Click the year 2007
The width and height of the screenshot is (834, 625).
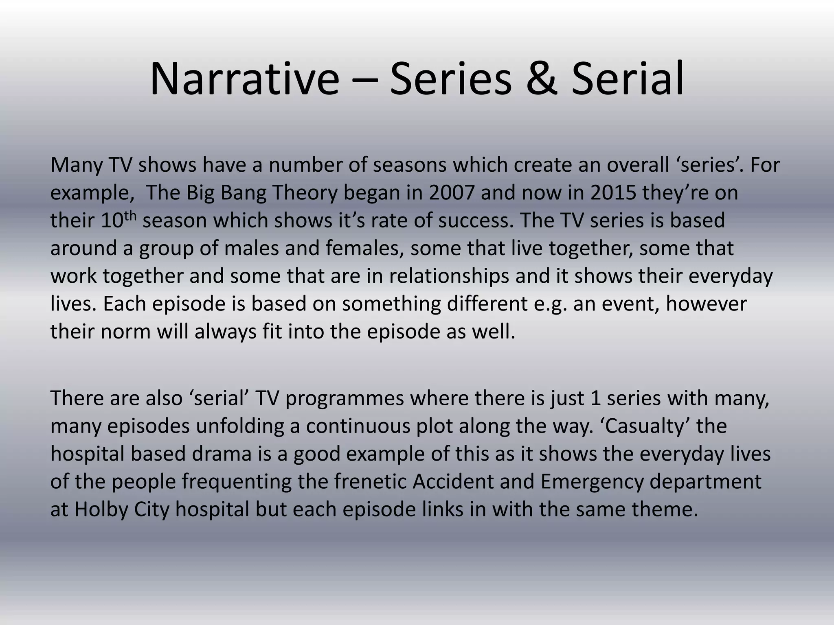click(x=452, y=192)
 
